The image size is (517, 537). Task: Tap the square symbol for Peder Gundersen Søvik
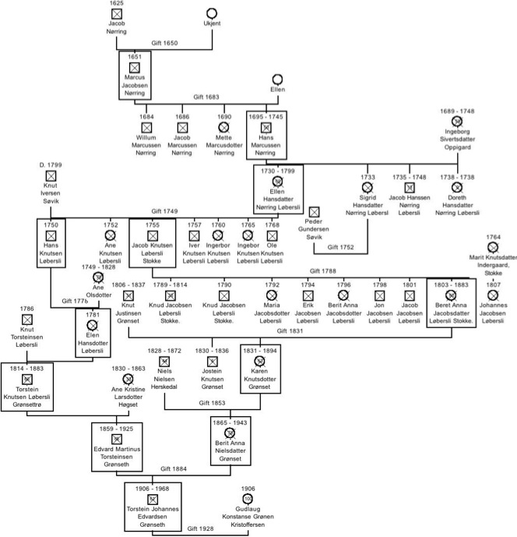[x=315, y=212]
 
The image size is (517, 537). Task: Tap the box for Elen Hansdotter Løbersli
[x=99, y=333]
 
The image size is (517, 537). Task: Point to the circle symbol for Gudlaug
[x=248, y=498]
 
